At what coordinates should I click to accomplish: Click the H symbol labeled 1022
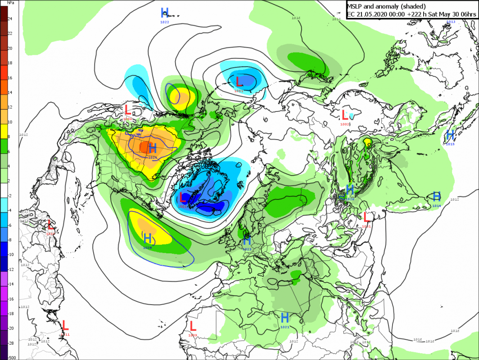point(165,12)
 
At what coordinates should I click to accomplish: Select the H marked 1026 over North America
point(153,148)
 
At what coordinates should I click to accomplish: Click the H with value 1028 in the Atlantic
point(147,237)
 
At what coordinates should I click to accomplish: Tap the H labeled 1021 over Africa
point(285,317)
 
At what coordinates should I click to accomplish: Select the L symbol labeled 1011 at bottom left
point(65,324)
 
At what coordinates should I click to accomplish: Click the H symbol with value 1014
point(436,196)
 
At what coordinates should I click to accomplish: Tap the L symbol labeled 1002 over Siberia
point(345,114)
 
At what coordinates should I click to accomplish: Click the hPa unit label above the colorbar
point(10,3)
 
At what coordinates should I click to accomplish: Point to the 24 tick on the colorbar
point(10,18)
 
